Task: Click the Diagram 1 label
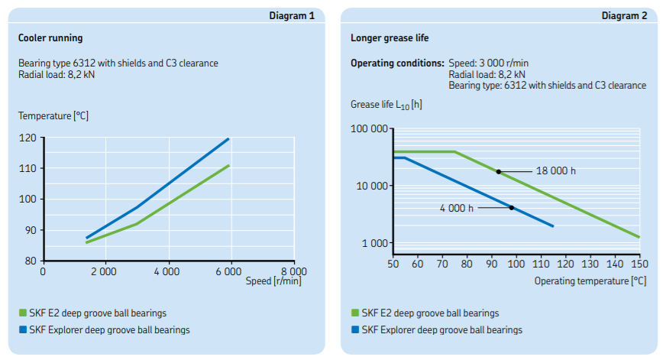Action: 293,15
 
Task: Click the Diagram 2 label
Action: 625,15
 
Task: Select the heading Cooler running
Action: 50,37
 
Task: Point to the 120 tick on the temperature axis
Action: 27,138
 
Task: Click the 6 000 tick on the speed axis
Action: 229,271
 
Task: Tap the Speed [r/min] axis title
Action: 274,281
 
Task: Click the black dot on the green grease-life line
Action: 499,171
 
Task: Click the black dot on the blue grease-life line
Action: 512,208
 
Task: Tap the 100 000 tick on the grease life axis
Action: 370,128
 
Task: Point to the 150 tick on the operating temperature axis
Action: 639,264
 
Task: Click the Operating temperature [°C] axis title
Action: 590,281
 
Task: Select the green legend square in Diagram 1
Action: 23,313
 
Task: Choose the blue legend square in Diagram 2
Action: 355,330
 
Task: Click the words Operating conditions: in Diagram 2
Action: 396,63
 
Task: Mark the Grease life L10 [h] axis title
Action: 386,104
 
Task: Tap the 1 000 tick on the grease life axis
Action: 375,243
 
